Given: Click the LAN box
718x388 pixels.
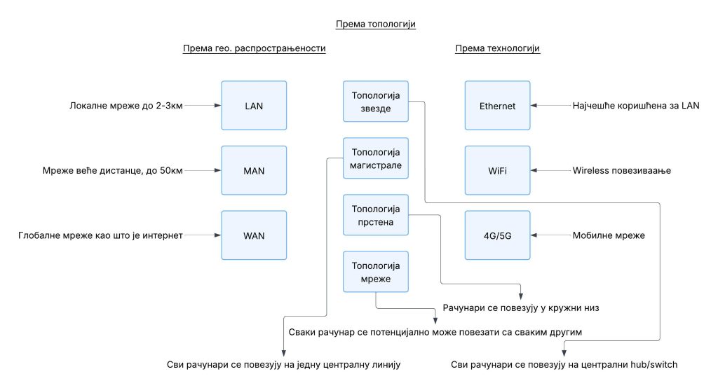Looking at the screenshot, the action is coord(254,106).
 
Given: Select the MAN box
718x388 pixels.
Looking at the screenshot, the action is coord(254,171).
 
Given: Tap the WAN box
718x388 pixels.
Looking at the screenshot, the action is coord(254,235).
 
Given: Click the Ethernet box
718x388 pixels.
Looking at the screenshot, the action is coord(497,106).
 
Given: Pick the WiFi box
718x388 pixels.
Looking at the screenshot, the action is coord(497,171).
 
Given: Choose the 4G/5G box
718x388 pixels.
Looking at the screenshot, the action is coord(497,235).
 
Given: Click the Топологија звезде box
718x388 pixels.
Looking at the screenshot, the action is coord(376,102).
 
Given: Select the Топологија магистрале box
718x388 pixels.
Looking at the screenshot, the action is coord(376,158).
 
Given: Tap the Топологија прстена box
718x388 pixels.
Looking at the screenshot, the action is coord(376,215).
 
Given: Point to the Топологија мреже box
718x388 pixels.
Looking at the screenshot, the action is coord(376,272).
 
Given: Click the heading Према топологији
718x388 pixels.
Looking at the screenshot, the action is coord(376,25).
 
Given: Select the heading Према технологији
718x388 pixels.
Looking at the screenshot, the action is coord(497,48).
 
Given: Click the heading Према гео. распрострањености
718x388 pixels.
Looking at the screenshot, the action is coord(254,48).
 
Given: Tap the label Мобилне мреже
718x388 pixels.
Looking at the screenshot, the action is coord(609,235).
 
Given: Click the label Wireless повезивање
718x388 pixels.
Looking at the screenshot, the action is coord(621,171).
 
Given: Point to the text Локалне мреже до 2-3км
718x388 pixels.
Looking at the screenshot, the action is coord(126,106).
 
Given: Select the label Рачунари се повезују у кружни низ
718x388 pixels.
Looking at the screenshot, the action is coord(521,308).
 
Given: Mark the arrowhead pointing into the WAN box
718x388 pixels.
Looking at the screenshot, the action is coord(218,235).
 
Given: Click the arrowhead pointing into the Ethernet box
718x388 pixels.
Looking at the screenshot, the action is coord(534,106).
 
